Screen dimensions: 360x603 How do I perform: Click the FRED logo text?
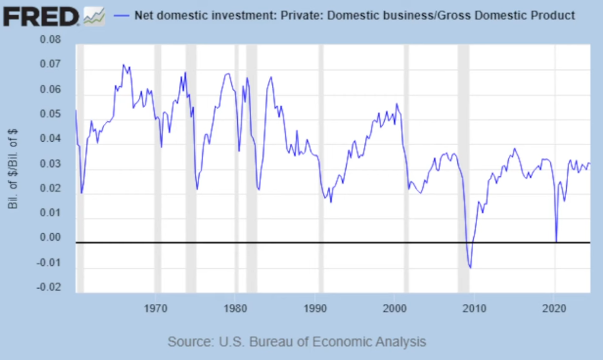(42, 15)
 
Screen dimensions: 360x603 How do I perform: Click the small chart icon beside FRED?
(94, 16)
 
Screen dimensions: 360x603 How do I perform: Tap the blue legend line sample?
(123, 15)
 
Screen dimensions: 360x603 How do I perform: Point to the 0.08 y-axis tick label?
(50, 40)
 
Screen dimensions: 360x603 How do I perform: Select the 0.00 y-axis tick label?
(50, 238)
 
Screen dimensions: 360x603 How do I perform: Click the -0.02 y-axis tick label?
(49, 287)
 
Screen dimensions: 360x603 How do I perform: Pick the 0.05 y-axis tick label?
(50, 114)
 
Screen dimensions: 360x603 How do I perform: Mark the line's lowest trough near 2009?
(470, 268)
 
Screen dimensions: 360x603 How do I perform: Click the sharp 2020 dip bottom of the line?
(556, 241)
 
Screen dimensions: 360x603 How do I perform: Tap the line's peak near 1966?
(123, 65)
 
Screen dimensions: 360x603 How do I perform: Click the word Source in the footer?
(188, 342)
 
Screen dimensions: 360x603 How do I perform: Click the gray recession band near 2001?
(406, 165)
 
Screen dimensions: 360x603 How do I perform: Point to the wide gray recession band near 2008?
(463, 165)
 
